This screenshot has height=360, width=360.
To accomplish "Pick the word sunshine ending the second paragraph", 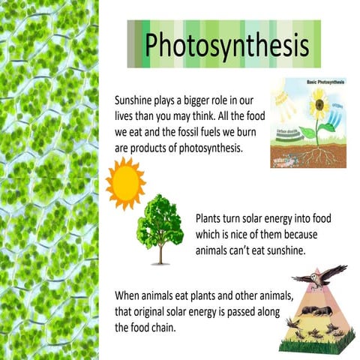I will (282, 250).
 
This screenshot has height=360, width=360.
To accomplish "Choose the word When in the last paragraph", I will (128, 295).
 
